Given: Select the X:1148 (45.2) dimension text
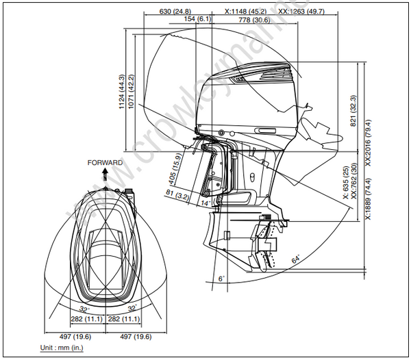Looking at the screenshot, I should point(247,12).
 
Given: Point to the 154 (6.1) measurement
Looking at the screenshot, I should point(198,20).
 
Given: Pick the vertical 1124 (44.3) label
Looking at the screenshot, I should point(121,92).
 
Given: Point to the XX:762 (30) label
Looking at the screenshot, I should point(353,181).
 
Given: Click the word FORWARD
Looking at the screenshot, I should point(105,163).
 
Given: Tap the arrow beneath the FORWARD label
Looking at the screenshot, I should point(105,174).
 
